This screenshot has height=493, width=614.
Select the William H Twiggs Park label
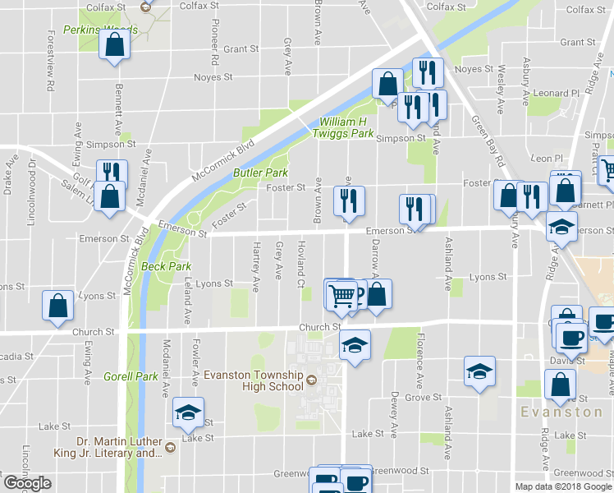(x=346, y=128)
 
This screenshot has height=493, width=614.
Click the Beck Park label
(x=166, y=266)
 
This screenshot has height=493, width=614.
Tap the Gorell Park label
(x=131, y=377)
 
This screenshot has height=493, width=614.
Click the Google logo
(x=27, y=483)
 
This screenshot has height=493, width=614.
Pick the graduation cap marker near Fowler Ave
(x=188, y=412)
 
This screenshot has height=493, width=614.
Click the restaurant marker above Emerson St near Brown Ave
(x=348, y=201)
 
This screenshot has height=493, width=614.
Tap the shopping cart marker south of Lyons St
(x=346, y=294)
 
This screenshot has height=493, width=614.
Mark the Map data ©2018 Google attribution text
(x=564, y=486)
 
